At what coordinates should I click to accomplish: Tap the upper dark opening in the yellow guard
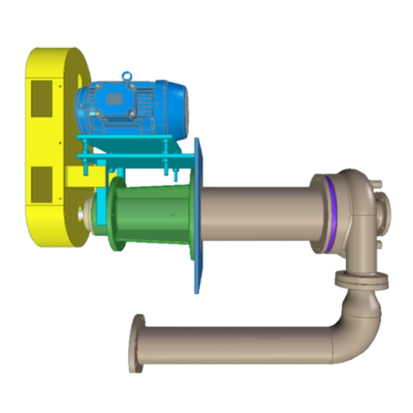[41, 97]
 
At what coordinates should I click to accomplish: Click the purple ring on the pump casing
[328, 216]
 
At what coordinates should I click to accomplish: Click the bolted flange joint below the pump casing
[361, 281]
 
